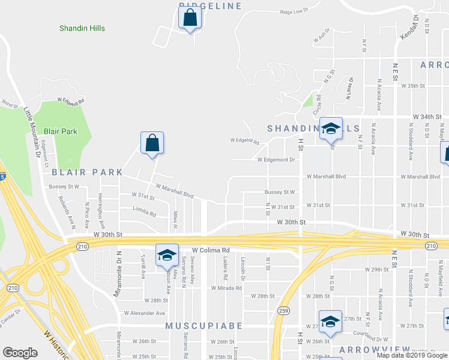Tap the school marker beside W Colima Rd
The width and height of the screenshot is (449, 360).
pos(167,256)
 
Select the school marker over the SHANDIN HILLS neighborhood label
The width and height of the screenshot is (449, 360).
pos(330,129)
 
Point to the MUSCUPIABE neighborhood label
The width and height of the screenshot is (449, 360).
pos(203,326)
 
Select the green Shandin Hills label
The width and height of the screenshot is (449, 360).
pos(82,28)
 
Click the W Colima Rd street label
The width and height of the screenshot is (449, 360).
pos(211,250)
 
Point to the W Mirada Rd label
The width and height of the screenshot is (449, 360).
pos(226,288)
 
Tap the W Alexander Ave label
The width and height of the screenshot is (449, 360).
pos(144,313)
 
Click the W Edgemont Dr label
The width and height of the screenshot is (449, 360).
pos(276,160)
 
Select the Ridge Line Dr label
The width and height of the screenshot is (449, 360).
pos(294,11)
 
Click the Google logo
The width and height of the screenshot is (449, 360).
pos(20,353)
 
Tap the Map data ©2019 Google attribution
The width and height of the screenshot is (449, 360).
pos(411,355)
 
